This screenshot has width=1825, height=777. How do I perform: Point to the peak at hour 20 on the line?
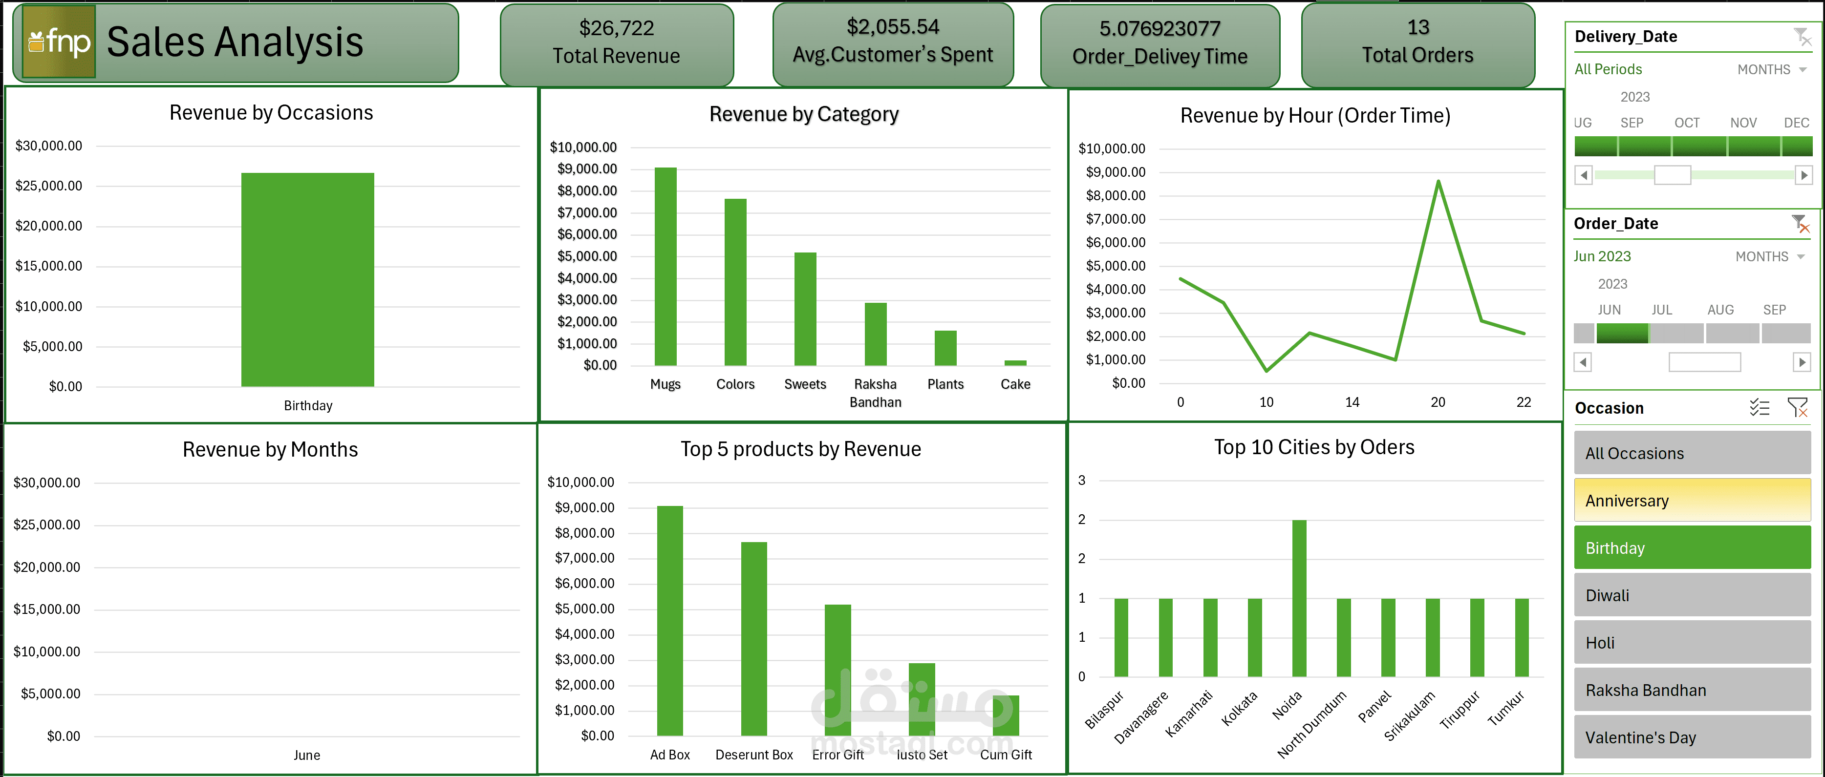click(1438, 182)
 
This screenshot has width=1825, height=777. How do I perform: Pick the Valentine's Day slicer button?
click(1692, 737)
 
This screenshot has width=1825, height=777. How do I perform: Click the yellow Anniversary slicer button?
click(1692, 500)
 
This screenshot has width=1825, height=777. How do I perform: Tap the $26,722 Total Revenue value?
click(616, 28)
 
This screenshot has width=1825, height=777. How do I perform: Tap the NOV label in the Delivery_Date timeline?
click(1743, 123)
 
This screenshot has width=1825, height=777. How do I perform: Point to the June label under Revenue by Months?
click(307, 755)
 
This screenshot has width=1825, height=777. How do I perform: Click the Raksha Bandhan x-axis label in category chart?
click(875, 392)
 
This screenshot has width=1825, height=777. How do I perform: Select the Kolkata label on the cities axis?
click(1240, 708)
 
